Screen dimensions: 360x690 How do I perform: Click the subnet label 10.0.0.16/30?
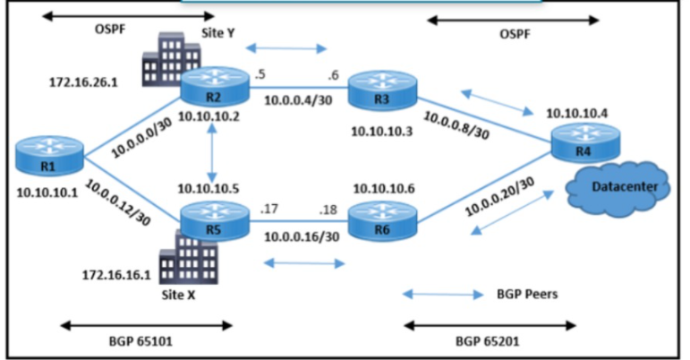click(301, 238)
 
